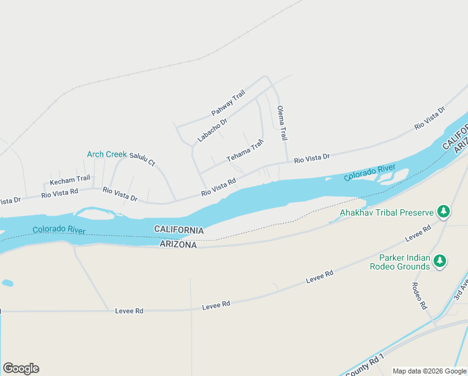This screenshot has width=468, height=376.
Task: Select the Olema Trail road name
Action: [x=282, y=122]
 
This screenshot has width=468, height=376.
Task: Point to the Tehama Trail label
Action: [x=245, y=150]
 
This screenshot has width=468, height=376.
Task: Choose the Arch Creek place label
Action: [x=106, y=154]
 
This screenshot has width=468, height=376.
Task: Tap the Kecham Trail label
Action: [x=70, y=180]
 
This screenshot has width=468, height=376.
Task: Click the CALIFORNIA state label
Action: [x=179, y=231]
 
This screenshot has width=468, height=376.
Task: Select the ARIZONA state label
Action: [x=179, y=245]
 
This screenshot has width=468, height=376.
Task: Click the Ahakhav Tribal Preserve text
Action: [x=387, y=212]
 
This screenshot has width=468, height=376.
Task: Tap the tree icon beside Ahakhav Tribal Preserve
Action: [x=444, y=211]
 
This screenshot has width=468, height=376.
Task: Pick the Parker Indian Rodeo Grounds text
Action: [x=405, y=262]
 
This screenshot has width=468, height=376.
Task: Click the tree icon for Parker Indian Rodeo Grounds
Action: [x=440, y=261]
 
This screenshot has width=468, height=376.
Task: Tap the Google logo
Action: [x=21, y=368]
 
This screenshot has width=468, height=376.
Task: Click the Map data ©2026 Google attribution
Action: [x=429, y=371]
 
